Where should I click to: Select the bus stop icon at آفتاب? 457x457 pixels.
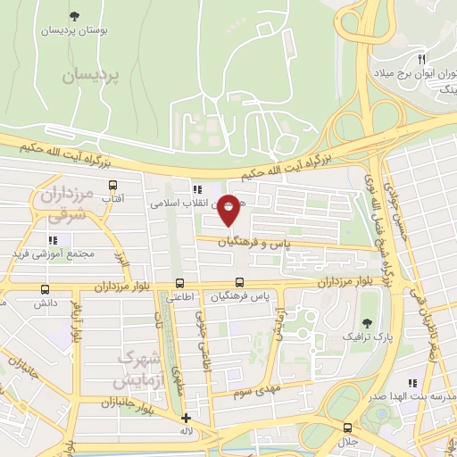tap(112, 186)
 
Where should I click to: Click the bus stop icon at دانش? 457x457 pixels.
tap(46, 289)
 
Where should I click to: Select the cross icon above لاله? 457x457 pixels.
tap(186, 418)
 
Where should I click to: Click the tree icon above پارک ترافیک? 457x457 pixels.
tap(368, 324)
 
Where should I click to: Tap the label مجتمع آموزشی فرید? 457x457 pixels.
tap(53, 255)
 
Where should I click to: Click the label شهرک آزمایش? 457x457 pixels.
tap(138, 369)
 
